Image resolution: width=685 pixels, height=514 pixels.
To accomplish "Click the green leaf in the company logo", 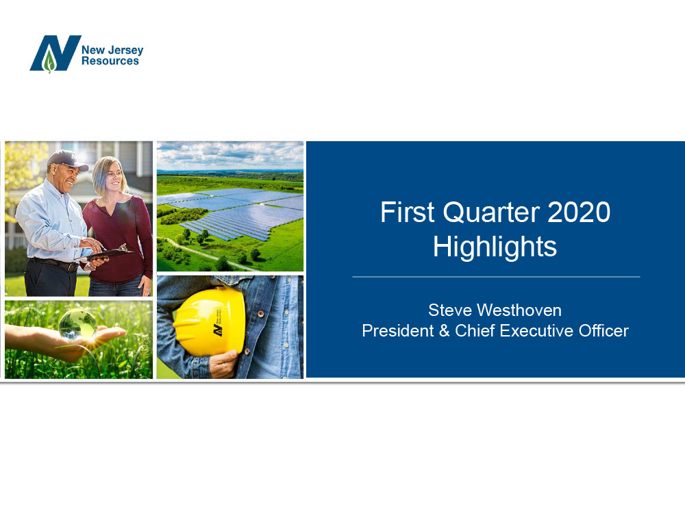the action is (49, 61).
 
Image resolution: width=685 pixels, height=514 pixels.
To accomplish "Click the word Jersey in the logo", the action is (126, 51).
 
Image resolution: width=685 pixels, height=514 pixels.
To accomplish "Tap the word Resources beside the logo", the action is (110, 61).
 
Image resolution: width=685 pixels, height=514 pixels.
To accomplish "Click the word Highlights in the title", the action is (495, 247).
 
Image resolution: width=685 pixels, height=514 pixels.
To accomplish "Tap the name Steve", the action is (450, 310).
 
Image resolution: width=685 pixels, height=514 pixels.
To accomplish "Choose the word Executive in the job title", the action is (537, 331).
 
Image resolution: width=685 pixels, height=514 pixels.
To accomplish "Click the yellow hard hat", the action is (209, 321).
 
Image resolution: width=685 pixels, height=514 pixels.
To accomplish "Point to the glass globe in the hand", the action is (78, 324).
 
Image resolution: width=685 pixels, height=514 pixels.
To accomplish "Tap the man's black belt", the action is (53, 264).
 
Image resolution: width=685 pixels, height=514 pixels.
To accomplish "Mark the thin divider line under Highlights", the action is (496, 277).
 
